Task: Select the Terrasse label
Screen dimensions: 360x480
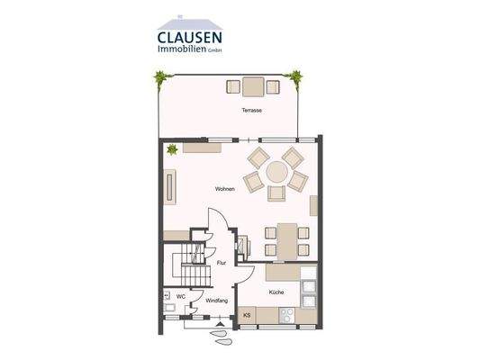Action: tap(251, 111)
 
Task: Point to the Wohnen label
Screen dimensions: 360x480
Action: tap(225, 189)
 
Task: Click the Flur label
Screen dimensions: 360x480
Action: tap(222, 263)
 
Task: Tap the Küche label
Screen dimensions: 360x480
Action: tap(276, 293)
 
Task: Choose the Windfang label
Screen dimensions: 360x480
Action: tap(217, 301)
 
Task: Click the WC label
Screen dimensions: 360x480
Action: tap(180, 295)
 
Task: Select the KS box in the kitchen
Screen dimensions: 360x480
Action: tap(248, 315)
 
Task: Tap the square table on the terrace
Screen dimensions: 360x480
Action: tap(251, 86)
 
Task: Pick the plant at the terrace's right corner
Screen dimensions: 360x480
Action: tap(293, 78)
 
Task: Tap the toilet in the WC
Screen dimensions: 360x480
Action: tap(168, 295)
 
